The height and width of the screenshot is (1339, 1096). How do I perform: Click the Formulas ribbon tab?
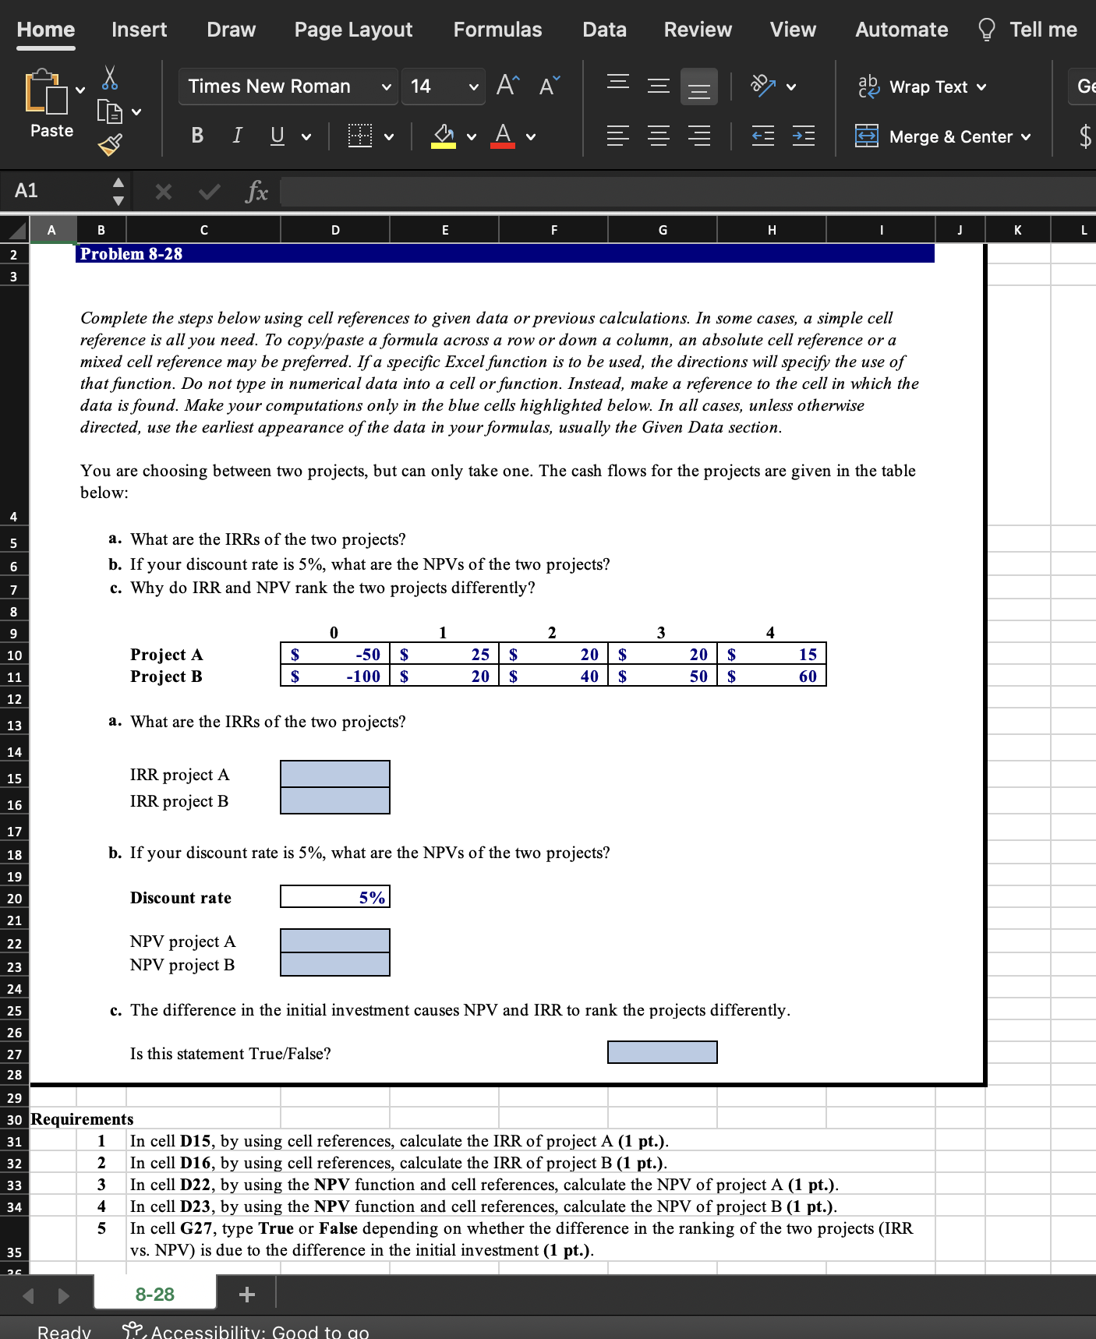(497, 30)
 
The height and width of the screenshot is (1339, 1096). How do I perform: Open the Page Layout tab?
(353, 30)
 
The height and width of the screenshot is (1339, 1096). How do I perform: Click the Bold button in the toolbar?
(197, 136)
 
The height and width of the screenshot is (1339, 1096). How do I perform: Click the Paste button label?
(51, 131)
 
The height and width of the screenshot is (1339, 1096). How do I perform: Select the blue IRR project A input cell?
(335, 774)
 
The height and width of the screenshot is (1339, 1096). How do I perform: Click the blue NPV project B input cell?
(335, 965)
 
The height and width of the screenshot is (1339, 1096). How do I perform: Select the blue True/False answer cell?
(662, 1053)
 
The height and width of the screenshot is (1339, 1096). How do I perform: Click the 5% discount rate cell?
(335, 897)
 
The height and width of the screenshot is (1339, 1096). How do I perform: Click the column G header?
(663, 230)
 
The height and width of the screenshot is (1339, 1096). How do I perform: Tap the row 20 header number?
(14, 899)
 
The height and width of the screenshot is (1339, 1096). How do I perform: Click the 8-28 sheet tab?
(154, 1295)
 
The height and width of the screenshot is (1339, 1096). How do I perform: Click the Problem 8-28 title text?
(131, 254)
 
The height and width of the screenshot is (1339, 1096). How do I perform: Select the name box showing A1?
(55, 191)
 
